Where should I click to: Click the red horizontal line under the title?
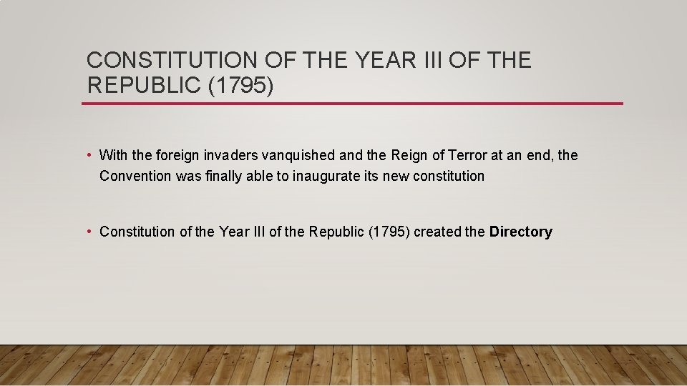coord(352,104)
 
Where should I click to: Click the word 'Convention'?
coord(136,176)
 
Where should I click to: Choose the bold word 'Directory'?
coord(521,232)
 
